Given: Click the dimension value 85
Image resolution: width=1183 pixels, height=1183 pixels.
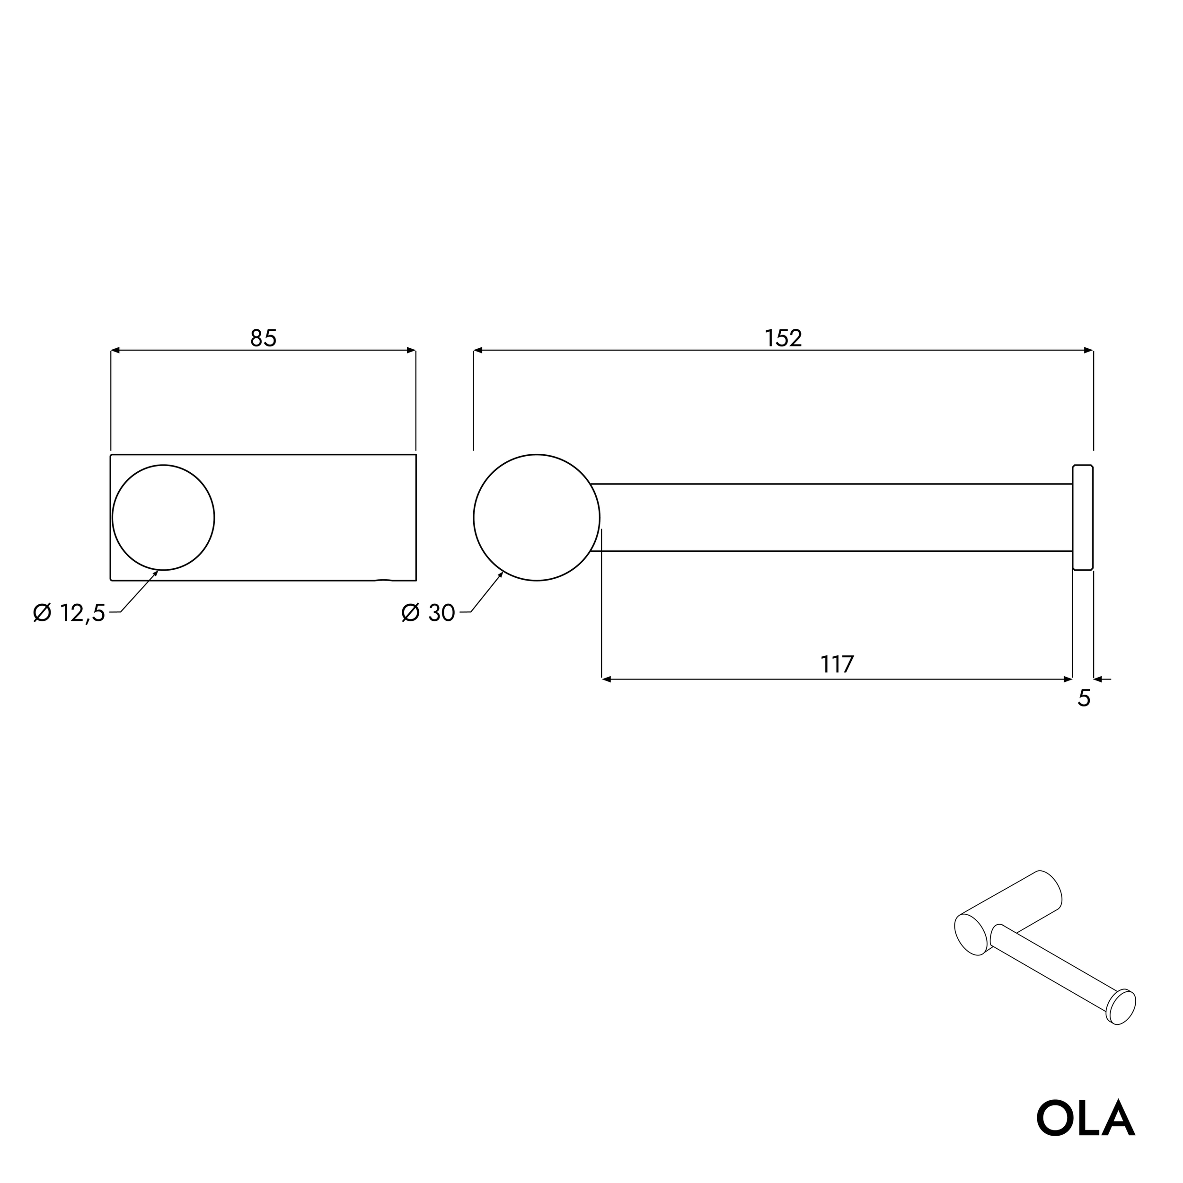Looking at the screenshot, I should [x=263, y=338].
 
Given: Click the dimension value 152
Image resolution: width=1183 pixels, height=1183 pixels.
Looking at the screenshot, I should [x=783, y=338].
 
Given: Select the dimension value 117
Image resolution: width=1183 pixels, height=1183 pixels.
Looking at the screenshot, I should [x=837, y=664].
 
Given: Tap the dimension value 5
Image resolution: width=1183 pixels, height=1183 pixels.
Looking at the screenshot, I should [x=1084, y=698].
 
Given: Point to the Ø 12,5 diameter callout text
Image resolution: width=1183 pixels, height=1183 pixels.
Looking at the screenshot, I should [x=69, y=612].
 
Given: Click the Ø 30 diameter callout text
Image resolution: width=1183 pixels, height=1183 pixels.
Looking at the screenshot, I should [x=428, y=612].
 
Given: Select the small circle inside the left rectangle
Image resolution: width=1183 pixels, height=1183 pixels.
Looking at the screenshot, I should [x=163, y=517].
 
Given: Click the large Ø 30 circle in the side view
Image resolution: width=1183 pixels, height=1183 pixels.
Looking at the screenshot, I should [x=537, y=517].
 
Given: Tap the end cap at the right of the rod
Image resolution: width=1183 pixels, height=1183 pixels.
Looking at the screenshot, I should [x=1083, y=517].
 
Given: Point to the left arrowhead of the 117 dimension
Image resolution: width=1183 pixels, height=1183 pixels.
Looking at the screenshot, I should [x=606, y=679].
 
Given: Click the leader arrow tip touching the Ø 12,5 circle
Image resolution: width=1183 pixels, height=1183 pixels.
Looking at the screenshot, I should [x=156, y=573].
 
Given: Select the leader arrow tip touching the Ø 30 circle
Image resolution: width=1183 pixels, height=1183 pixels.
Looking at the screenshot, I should [x=502, y=573].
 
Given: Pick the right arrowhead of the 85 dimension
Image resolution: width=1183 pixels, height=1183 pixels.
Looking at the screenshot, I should [x=412, y=350].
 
